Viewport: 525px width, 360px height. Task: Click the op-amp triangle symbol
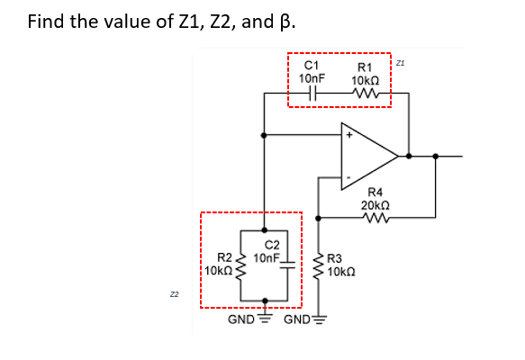pyautogui.click(x=366, y=156)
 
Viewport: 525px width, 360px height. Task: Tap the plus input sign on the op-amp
pyautogui.click(x=349, y=136)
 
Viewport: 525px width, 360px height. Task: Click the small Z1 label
pyautogui.click(x=401, y=63)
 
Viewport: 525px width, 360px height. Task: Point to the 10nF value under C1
pyautogui.click(x=312, y=78)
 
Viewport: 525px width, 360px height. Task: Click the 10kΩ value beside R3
pyautogui.click(x=342, y=273)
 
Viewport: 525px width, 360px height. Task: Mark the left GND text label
pyautogui.click(x=240, y=319)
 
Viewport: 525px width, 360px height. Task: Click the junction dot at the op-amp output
pyautogui.click(x=409, y=156)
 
